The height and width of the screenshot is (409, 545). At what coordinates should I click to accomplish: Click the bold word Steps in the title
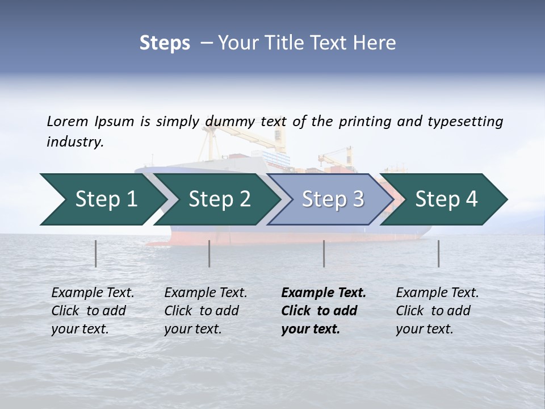(x=165, y=43)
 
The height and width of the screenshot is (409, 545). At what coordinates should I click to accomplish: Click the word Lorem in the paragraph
(x=67, y=121)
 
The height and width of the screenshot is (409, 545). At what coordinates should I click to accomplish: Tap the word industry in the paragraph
(x=74, y=141)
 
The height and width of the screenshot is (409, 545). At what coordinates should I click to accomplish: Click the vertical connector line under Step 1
(x=95, y=253)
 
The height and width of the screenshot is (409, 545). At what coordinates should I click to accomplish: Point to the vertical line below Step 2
(x=209, y=253)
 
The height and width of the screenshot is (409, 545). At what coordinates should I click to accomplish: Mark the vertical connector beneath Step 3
(x=324, y=253)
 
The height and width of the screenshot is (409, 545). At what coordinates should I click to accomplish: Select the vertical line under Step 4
(x=438, y=253)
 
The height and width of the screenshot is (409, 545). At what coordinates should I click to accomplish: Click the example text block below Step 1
(x=93, y=311)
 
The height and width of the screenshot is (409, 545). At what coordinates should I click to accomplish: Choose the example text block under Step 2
(x=206, y=311)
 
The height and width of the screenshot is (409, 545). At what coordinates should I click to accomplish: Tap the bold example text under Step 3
(x=324, y=311)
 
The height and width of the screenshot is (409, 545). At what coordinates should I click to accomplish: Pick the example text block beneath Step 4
(x=437, y=311)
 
